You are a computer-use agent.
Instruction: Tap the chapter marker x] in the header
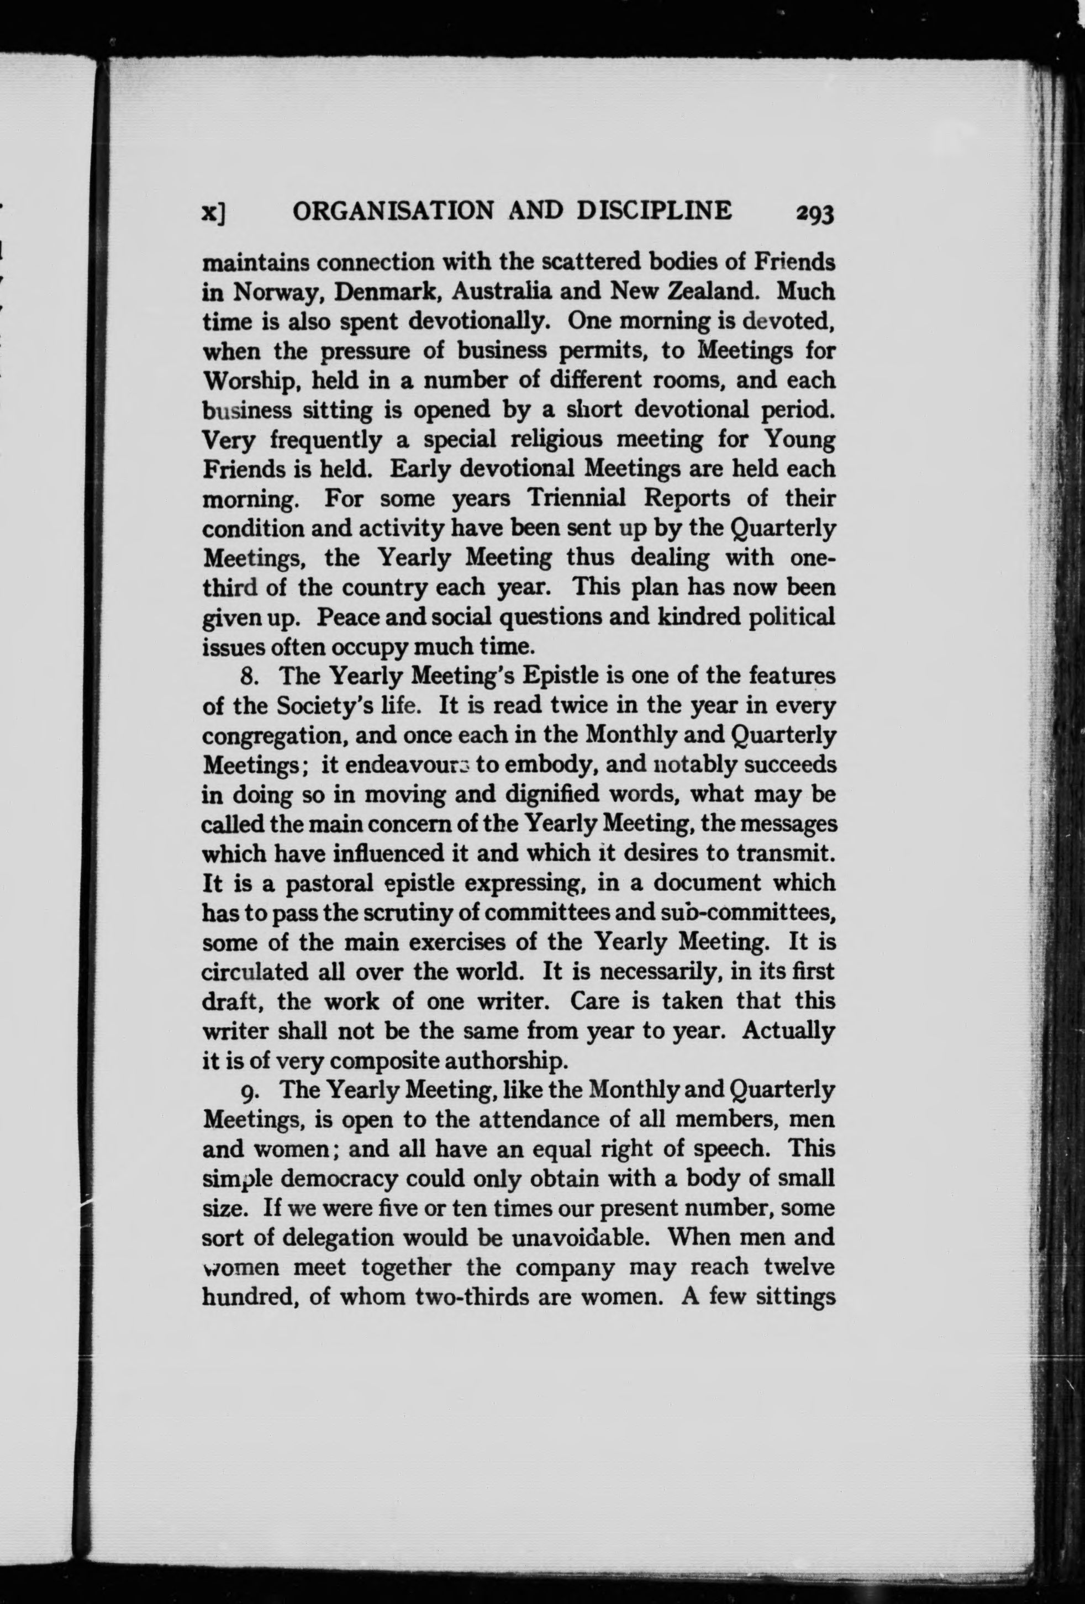coord(214,213)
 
